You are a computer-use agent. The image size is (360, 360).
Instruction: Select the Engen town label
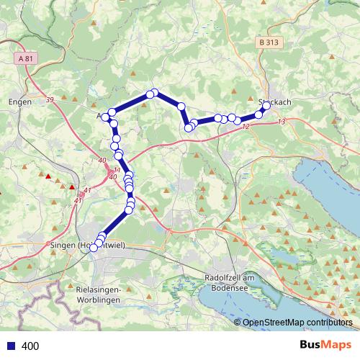click(19, 102)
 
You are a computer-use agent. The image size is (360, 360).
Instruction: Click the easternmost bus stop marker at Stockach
click(266, 106)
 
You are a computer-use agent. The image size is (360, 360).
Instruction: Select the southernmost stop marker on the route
click(94, 248)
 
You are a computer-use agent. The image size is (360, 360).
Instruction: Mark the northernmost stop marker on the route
click(153, 93)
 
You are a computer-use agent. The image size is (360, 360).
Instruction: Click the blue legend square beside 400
click(10, 346)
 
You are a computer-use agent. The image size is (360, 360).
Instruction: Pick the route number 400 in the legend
click(30, 346)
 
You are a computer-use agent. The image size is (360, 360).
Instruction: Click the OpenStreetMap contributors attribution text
click(297, 323)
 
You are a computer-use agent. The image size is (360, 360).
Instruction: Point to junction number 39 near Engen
click(50, 100)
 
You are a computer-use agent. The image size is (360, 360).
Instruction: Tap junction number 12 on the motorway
click(246, 127)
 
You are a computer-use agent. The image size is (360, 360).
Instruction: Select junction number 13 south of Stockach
click(280, 122)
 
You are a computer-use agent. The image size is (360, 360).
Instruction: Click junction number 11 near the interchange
click(117, 170)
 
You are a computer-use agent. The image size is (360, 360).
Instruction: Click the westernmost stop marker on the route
click(94, 248)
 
